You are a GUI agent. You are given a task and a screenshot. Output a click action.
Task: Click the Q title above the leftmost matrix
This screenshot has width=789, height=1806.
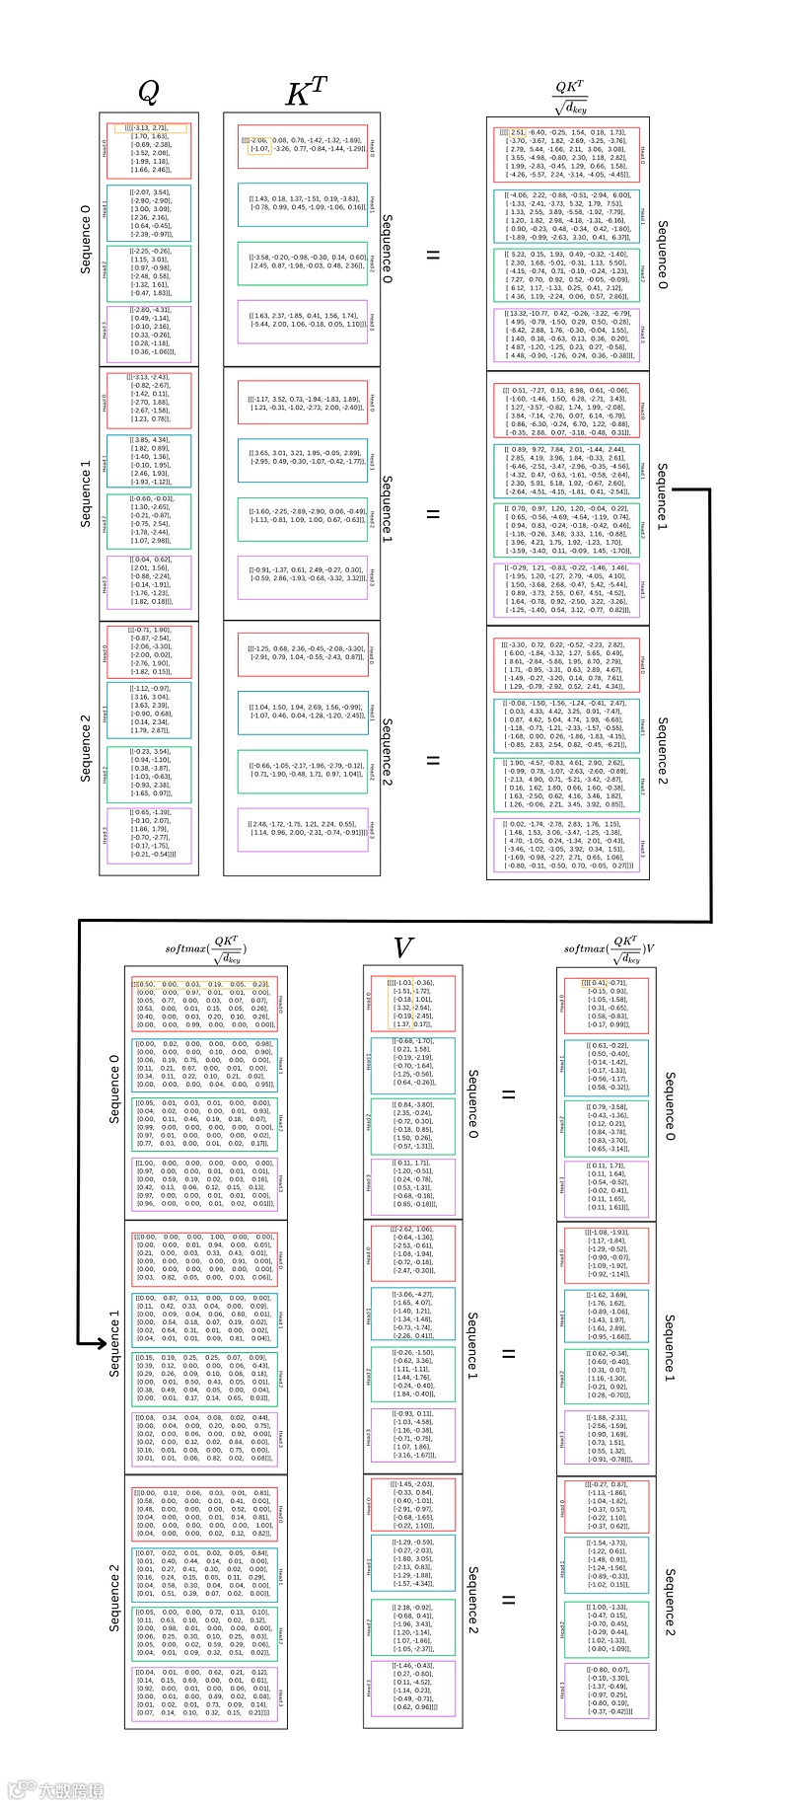147,93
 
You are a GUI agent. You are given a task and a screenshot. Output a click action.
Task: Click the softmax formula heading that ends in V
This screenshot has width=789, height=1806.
610,949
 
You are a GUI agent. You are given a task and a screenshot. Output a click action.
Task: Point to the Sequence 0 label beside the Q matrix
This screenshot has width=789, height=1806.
86,240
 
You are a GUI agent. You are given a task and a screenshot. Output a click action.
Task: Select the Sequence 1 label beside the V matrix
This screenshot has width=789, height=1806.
472,1346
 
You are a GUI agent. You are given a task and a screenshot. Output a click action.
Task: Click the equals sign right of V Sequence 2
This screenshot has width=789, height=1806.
509,1600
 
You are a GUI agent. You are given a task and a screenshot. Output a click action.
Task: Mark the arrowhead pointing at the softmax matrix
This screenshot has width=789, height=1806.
99,1343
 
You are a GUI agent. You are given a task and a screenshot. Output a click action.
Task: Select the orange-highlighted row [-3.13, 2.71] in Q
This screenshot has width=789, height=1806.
150,128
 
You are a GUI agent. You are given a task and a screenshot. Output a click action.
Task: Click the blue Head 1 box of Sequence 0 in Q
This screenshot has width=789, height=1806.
150,214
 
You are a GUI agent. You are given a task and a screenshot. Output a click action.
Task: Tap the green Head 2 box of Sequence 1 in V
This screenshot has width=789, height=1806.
412,1374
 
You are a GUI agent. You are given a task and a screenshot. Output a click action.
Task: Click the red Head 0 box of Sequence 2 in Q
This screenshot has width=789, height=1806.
150,651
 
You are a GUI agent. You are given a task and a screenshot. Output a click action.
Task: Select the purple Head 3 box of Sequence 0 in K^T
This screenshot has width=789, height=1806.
302,323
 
